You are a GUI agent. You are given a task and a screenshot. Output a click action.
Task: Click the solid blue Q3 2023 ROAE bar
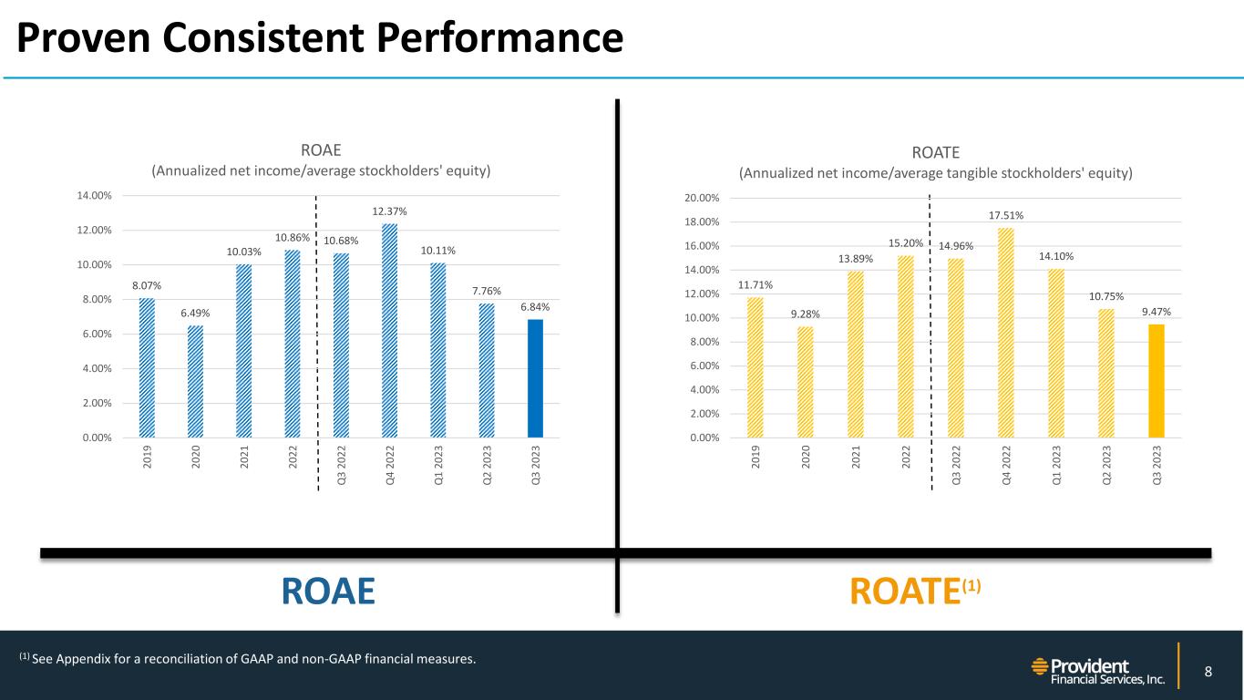click(x=535, y=378)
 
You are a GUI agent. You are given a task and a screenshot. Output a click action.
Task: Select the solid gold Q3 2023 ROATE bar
click(x=1156, y=381)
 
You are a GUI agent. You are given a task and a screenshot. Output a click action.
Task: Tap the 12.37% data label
click(x=389, y=211)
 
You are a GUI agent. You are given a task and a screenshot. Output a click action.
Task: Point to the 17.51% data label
click(x=1005, y=216)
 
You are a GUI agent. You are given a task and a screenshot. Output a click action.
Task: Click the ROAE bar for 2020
click(x=195, y=381)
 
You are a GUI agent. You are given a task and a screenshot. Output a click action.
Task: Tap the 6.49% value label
click(x=195, y=313)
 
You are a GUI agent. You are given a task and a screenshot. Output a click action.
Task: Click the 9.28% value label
click(x=805, y=314)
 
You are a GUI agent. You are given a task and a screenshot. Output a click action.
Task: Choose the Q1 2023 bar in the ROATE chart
click(x=1055, y=353)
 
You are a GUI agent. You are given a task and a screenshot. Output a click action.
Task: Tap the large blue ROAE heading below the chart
click(x=328, y=592)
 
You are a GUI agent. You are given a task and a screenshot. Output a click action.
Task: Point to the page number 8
click(x=1208, y=673)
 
